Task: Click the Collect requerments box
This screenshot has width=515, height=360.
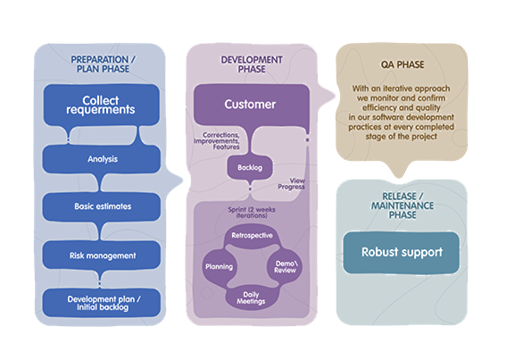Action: pos(101,105)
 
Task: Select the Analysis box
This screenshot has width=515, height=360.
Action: pos(102,159)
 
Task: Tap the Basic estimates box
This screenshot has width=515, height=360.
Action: pos(102,206)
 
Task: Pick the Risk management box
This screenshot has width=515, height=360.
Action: pos(102,255)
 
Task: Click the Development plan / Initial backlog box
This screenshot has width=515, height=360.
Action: pos(102,303)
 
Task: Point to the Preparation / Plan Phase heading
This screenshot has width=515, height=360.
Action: pos(103,64)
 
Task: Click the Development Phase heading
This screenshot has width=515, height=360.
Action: pos(252,64)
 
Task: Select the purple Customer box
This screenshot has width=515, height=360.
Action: pos(252,105)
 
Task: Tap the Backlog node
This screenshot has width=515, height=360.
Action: pos(250,168)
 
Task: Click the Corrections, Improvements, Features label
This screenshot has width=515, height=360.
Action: pos(217,141)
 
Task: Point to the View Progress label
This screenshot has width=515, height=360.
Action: pos(291,184)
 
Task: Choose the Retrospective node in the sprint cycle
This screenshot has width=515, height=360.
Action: pos(252,236)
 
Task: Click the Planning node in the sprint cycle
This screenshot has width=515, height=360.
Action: pos(219,266)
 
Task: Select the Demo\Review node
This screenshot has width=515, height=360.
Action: pos(285,266)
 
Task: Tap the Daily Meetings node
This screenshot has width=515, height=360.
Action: pos(251,297)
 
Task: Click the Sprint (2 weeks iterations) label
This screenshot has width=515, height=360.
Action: pos(252,213)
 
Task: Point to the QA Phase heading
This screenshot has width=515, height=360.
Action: pos(403,65)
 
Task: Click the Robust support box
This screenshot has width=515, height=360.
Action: pos(402,253)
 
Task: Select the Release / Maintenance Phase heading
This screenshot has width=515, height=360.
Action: pos(403,205)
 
